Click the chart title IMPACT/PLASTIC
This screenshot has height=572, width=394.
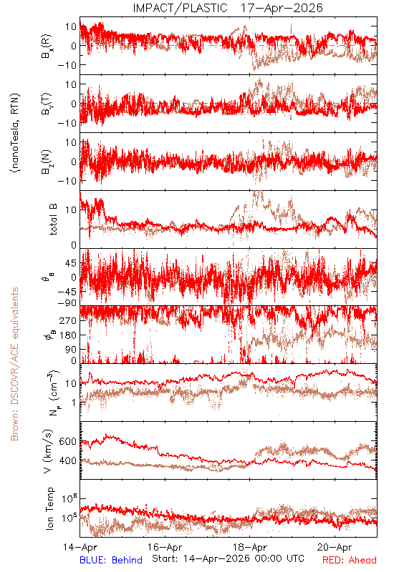181,8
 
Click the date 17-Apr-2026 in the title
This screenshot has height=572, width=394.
282,8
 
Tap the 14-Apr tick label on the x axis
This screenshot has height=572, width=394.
80,547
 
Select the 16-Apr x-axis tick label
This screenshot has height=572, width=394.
165,547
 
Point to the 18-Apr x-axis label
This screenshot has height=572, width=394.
250,547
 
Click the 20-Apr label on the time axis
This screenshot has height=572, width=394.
335,547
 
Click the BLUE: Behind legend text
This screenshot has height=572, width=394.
111,560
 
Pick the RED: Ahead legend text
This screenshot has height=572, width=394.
350,560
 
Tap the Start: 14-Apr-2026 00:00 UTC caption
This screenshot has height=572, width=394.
229,558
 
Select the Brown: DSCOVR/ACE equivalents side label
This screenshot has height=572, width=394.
14,364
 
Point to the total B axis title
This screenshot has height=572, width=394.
53,220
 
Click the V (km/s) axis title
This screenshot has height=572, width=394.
48,451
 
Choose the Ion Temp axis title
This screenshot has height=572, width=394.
49,508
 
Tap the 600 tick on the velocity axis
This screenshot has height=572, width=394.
67,441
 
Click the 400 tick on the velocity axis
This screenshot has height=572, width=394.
67,460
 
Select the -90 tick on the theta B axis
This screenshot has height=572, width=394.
67,303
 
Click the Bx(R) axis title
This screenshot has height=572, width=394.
47,46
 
